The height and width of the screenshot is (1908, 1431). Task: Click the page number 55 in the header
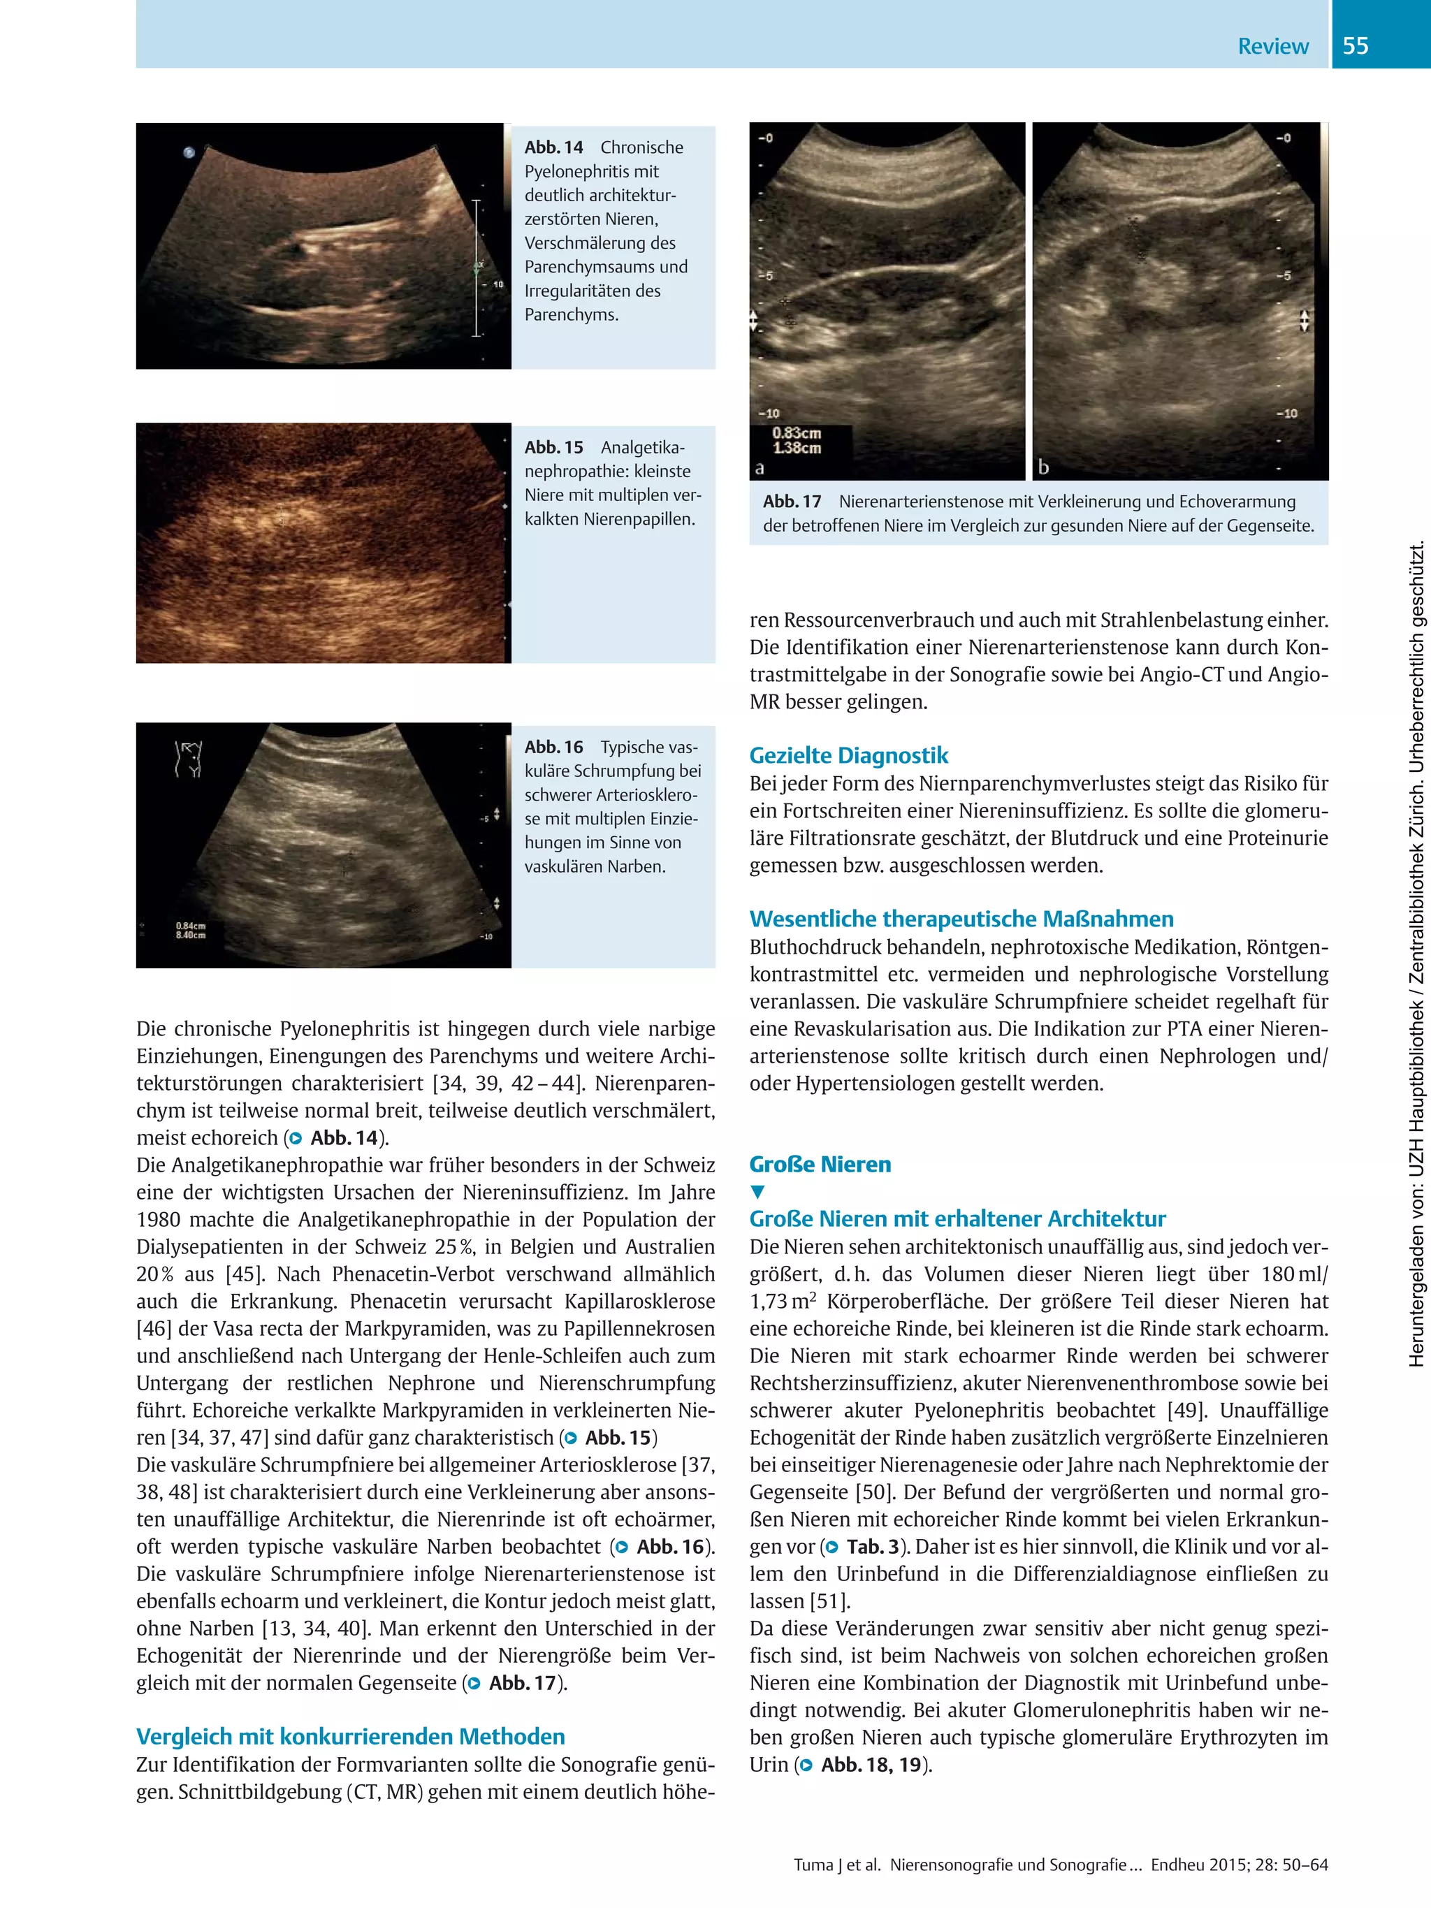1355,45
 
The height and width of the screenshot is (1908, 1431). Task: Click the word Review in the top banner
1272,47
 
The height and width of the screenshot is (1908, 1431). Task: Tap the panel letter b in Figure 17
1044,467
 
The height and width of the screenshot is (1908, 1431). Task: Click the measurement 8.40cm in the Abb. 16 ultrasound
191,935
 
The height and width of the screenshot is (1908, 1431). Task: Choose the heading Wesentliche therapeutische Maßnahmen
961,919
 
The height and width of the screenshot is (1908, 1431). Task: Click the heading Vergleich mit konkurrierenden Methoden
350,1736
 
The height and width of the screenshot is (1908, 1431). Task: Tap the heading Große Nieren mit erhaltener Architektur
957,1219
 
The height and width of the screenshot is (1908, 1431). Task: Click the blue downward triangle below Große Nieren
757,1192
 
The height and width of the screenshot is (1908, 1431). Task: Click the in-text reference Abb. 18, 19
871,1765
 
